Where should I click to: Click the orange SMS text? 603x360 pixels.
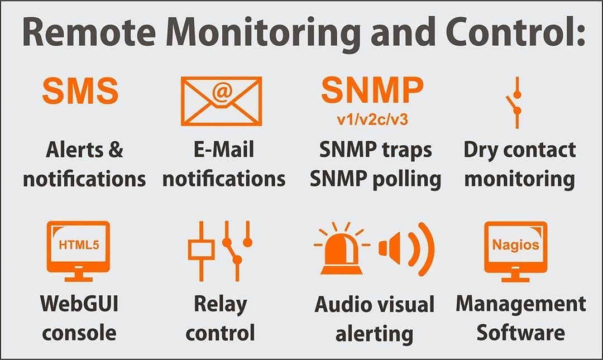tap(80, 91)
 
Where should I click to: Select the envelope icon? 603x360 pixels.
tap(221, 101)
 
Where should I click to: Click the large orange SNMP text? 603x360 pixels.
tap(372, 90)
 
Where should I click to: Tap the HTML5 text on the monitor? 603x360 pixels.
tap(78, 244)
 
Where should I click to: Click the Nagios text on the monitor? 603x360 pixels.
tap(515, 244)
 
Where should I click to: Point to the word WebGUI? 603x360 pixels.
tap(79, 304)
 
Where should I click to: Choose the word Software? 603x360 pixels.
tap(520, 333)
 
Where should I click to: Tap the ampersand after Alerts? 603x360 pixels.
tap(114, 150)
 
